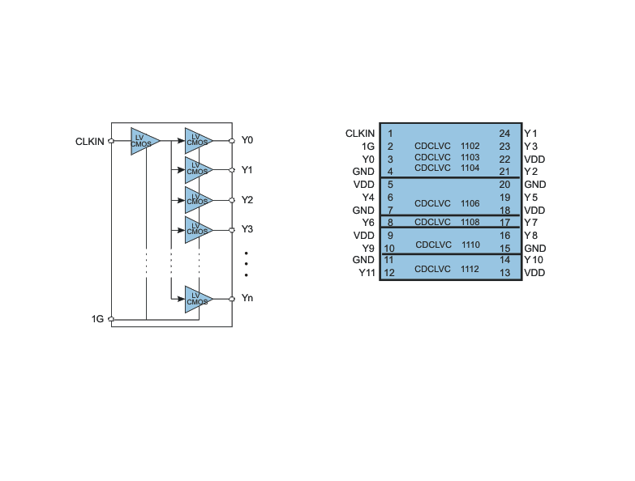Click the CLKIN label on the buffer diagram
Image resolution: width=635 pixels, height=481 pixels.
(x=89, y=142)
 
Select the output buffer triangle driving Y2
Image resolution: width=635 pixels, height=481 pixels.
(x=199, y=200)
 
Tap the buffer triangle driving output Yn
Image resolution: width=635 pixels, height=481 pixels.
(x=199, y=299)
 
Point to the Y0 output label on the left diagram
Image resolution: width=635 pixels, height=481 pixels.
(x=247, y=140)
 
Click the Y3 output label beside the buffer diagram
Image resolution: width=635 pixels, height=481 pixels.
(x=247, y=229)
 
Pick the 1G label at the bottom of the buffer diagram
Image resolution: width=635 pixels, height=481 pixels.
(x=97, y=319)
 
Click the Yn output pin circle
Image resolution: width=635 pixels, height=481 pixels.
(x=232, y=299)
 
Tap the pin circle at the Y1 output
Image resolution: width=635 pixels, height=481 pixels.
(x=232, y=170)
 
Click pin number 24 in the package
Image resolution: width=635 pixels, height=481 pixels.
(x=504, y=134)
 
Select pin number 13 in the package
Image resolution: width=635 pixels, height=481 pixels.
(x=504, y=273)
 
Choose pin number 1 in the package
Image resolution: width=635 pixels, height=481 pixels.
(x=390, y=134)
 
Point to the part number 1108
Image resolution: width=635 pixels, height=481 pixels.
(x=470, y=222)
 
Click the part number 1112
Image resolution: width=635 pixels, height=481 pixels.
(x=470, y=269)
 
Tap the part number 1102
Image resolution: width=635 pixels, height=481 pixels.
(x=470, y=146)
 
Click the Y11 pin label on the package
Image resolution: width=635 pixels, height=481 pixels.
(x=367, y=273)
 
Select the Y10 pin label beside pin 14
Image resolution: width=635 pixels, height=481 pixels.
(x=534, y=259)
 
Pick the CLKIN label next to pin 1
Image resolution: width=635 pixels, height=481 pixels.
(x=360, y=134)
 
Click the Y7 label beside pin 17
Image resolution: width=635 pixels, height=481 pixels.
(x=531, y=223)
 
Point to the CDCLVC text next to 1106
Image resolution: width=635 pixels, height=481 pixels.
(x=432, y=203)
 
